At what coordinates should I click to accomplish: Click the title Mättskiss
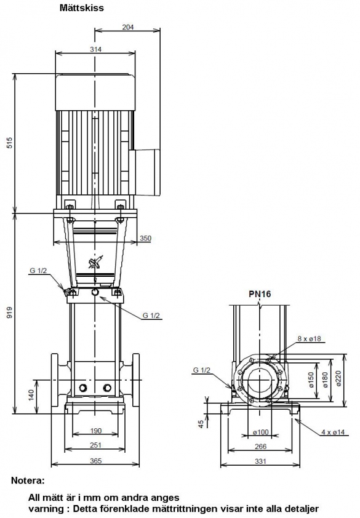[81, 8]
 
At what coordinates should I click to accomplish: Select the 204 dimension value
[128, 26]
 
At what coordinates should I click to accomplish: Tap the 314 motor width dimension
[95, 49]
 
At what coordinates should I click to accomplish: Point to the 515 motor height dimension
[10, 142]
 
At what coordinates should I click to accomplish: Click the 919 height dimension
[10, 312]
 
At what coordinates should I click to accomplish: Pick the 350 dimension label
[145, 238]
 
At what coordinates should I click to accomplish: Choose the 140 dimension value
[31, 395]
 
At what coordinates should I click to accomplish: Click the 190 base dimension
[96, 431]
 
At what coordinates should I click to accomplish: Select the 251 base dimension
[95, 445]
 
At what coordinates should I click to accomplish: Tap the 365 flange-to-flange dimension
[95, 461]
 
